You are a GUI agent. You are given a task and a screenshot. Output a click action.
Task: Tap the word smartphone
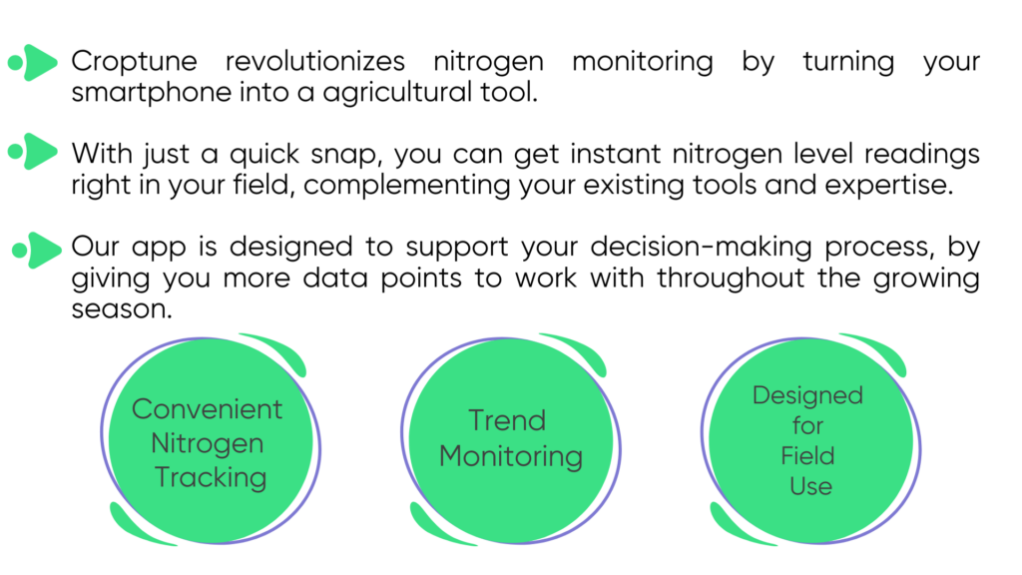point(152,93)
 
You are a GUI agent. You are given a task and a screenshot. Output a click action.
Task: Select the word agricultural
point(397,93)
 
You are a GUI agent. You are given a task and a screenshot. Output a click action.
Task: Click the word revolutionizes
point(314,61)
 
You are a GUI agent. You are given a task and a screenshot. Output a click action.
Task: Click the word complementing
point(407,186)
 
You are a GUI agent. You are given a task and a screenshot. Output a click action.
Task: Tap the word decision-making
point(701,248)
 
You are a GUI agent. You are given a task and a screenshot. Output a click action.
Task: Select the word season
point(122,309)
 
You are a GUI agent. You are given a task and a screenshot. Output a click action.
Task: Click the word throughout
point(730,279)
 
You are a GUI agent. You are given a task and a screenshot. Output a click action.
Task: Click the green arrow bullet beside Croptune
point(33,63)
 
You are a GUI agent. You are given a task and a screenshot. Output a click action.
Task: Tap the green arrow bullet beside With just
point(33,152)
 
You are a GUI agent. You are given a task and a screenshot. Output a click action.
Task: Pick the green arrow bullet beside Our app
point(37,250)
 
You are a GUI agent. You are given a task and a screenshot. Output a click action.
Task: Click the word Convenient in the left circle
point(208,409)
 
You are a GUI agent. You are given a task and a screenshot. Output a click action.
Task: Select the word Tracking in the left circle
point(211,478)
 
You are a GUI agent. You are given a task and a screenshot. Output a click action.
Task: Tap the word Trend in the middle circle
point(507,420)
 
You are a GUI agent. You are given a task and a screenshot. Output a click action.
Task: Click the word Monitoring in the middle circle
point(511,457)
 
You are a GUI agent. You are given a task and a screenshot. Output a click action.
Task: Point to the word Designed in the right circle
point(807,395)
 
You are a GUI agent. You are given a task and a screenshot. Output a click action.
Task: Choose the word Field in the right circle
point(807,455)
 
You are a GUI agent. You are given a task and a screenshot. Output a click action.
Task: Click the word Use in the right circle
point(810,486)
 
